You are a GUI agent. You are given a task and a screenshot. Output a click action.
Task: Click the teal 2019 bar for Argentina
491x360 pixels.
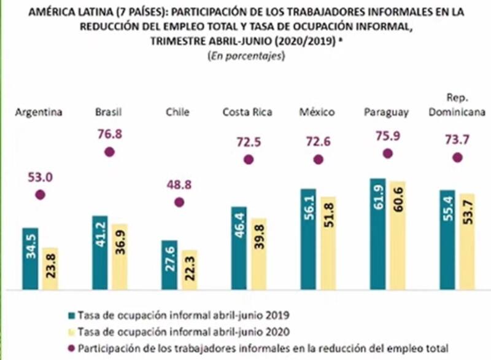coord(31,258)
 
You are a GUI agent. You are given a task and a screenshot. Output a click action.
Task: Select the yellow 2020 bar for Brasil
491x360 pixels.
coord(120,256)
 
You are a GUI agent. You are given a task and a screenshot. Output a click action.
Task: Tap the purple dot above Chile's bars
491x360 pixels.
coord(179,202)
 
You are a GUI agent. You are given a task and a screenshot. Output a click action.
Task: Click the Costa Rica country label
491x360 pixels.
coord(247,112)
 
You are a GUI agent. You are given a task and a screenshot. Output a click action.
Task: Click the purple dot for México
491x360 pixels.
coord(317,160)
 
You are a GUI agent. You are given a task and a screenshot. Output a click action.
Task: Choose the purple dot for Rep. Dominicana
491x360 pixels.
coord(457,158)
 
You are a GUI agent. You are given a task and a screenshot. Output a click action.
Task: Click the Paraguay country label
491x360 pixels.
coord(387,112)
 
